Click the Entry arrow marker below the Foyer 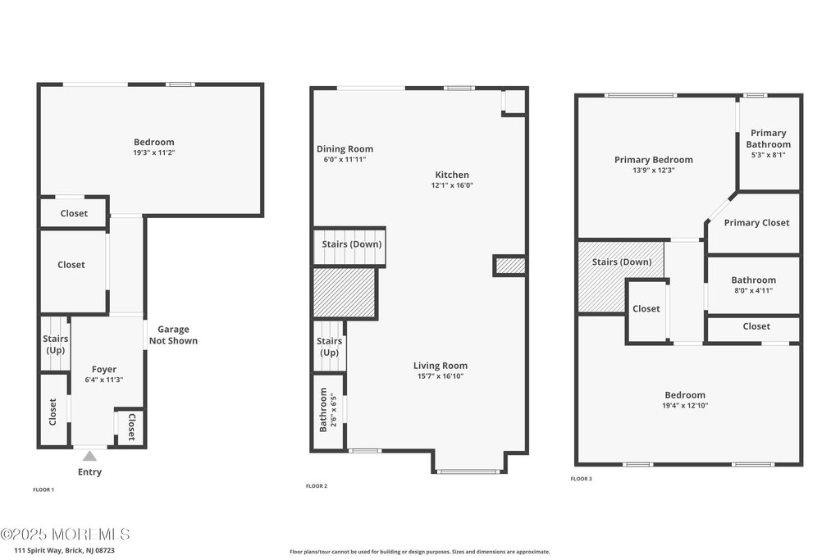(x=89, y=456)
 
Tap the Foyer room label (x=103, y=369)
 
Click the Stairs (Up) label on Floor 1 (x=55, y=344)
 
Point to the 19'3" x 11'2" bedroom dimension (x=154, y=153)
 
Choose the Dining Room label (x=345, y=148)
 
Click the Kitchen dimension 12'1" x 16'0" (x=452, y=185)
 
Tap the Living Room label (x=440, y=366)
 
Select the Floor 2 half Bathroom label (x=323, y=411)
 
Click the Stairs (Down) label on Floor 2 (x=351, y=244)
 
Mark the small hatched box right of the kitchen (x=509, y=266)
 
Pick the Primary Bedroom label (x=653, y=160)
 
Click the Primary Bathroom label (x=769, y=139)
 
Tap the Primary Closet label (x=756, y=222)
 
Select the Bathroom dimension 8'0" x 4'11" (x=753, y=290)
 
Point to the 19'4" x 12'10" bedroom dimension (x=684, y=405)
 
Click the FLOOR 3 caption (x=581, y=478)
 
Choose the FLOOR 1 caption (x=43, y=489)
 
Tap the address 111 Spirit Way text (x=57, y=550)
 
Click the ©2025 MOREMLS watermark (x=65, y=534)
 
